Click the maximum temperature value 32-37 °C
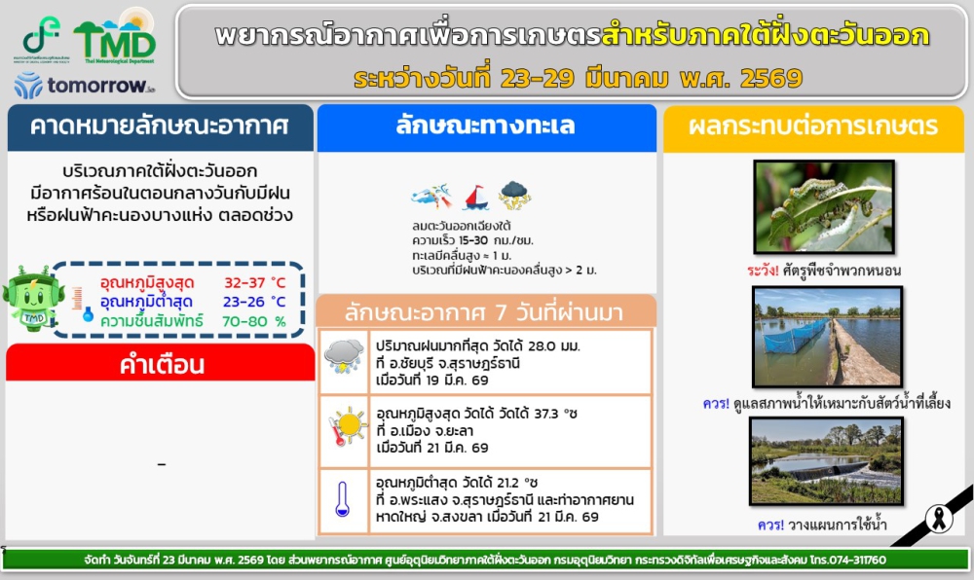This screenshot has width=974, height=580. [255, 282]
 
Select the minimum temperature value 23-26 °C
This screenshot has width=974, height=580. [255, 302]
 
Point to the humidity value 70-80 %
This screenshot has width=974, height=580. [255, 320]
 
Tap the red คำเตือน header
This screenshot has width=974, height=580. [160, 365]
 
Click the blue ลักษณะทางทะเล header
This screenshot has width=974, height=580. [485, 127]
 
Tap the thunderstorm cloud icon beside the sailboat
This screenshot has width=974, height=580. [514, 196]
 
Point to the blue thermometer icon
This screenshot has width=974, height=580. [342, 498]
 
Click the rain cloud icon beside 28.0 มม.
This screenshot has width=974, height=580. [344, 355]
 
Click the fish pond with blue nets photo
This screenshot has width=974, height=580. [827, 336]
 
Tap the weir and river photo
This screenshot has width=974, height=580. [827, 461]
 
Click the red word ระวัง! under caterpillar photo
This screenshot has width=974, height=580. [760, 270]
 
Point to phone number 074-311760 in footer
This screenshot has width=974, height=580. [853, 561]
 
